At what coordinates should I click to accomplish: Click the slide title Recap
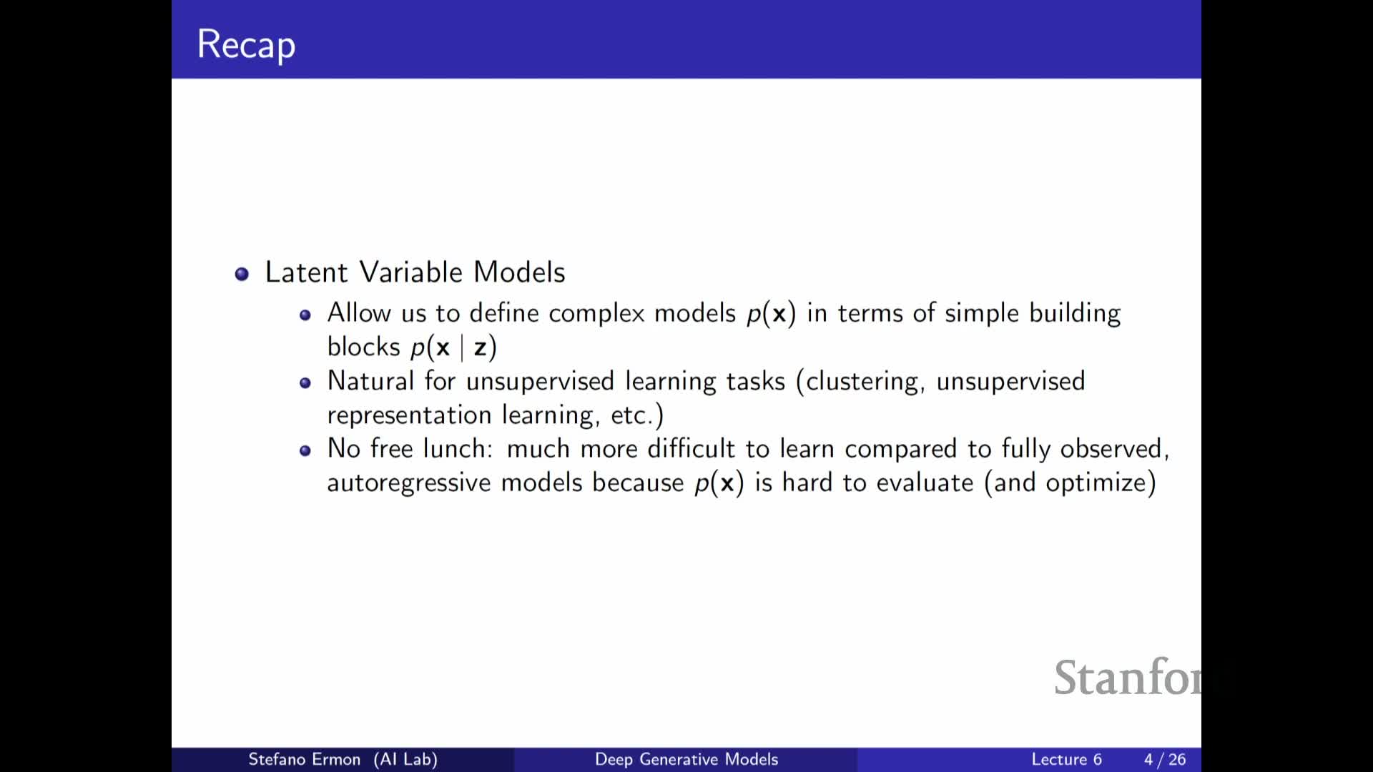tap(246, 45)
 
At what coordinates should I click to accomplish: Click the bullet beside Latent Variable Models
tap(242, 274)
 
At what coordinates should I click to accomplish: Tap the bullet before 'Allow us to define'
tap(305, 315)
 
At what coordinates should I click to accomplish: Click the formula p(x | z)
tap(453, 347)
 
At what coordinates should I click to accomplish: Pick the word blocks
tap(363, 347)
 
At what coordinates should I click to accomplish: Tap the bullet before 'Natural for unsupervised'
tap(305, 382)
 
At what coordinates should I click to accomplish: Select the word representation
tap(409, 415)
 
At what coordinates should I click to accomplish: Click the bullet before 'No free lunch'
tap(305, 450)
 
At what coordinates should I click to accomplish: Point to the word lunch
tap(454, 449)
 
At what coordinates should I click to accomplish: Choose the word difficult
tap(691, 449)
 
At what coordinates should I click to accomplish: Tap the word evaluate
tap(925, 482)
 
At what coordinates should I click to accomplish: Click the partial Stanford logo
tap(1127, 677)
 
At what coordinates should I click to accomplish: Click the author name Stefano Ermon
tap(304, 759)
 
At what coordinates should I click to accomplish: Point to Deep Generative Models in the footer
tap(686, 759)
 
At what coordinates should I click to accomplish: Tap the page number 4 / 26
tap(1165, 759)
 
